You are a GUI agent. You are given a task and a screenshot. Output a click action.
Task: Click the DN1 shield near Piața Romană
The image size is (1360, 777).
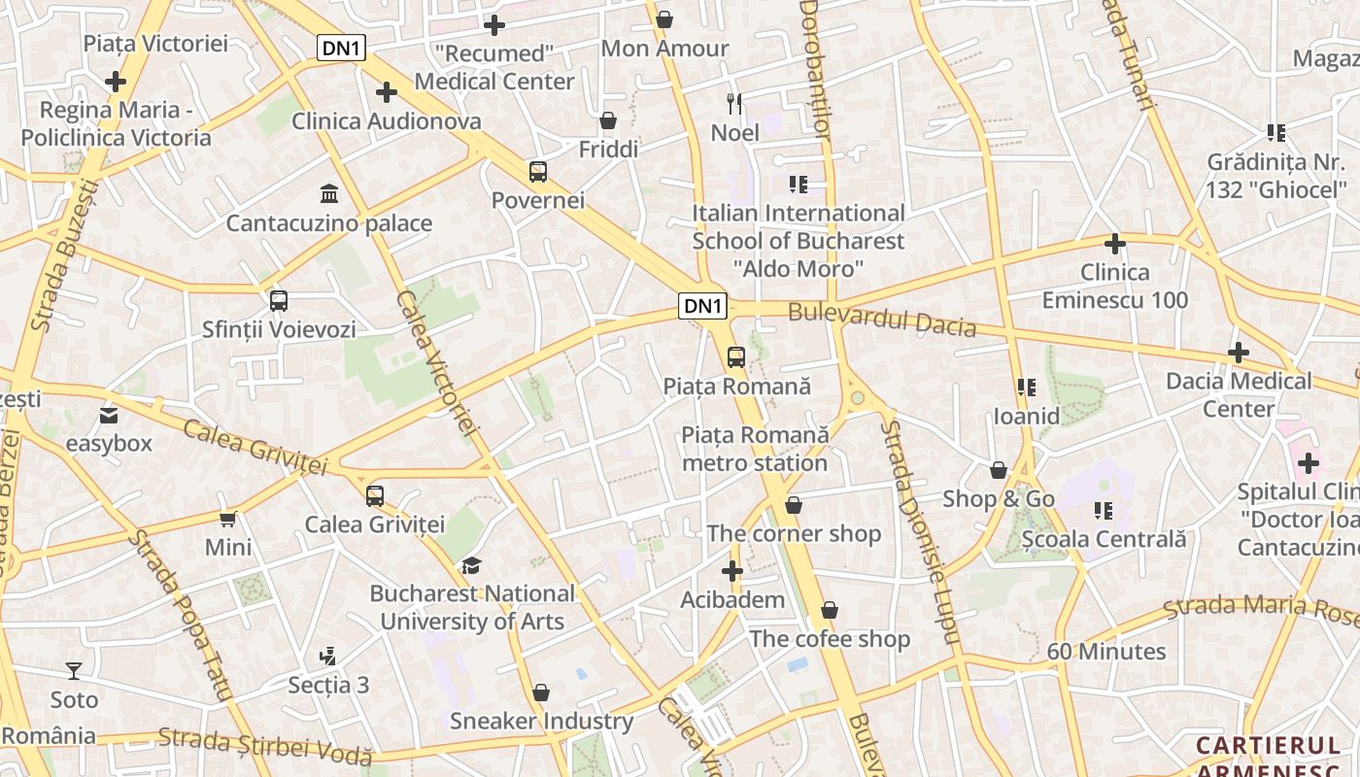tap(703, 306)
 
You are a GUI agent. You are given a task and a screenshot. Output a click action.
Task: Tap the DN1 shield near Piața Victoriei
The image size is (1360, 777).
tap(341, 48)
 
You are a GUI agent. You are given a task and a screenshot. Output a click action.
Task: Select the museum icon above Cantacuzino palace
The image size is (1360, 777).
tap(328, 194)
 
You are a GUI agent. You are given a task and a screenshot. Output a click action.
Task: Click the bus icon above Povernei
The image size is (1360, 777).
tap(538, 172)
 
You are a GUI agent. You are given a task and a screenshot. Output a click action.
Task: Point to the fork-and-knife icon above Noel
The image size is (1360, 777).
tap(734, 103)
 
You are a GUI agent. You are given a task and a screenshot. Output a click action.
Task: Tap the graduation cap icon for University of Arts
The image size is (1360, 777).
tap(471, 565)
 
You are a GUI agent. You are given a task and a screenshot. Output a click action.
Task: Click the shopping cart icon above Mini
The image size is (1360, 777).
tap(228, 520)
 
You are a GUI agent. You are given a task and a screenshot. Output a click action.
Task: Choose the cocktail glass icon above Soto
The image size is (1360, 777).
tap(74, 670)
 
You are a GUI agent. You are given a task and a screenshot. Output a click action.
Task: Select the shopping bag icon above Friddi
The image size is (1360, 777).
tap(608, 120)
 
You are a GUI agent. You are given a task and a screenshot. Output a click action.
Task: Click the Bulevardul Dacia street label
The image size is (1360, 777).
tap(882, 320)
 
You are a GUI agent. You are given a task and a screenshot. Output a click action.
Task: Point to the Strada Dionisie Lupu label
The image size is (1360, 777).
tap(918, 532)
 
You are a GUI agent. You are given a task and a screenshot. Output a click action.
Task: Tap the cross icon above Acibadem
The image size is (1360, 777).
tap(732, 571)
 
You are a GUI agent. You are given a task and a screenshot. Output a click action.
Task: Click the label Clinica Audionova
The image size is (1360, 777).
tap(387, 121)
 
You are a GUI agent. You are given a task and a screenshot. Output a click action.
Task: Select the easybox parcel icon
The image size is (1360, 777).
tap(109, 416)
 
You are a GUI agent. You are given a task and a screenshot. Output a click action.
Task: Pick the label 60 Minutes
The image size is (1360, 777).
tap(1106, 651)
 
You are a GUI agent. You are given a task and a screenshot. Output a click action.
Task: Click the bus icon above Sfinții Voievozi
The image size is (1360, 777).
tap(279, 301)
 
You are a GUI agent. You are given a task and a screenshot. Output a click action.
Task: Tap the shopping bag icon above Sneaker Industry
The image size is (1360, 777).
tap(541, 693)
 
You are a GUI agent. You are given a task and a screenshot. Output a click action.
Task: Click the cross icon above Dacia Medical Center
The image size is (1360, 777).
tap(1239, 353)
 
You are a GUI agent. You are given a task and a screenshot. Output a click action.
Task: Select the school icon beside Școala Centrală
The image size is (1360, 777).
tap(1104, 511)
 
